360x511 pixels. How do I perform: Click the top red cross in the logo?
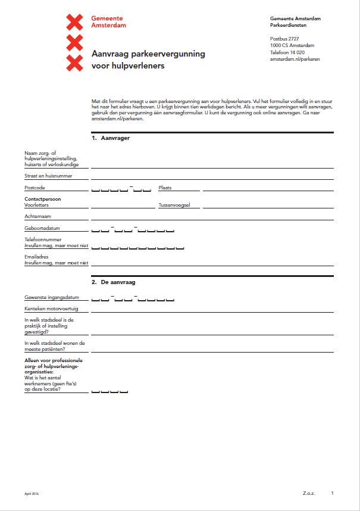tap(74, 23)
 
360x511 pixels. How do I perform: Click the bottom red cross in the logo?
tap(74, 63)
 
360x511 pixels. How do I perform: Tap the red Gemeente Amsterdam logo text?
tap(108, 23)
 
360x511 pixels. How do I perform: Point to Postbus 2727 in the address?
tap(285, 39)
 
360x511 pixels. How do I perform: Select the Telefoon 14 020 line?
tap(288, 52)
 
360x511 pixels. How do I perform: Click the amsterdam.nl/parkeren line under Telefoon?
tap(293, 59)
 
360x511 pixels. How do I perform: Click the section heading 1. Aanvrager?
tap(111, 138)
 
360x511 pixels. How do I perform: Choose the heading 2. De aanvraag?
tap(114, 282)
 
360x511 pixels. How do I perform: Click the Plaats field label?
tap(165, 188)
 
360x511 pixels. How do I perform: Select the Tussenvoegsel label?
tap(174, 205)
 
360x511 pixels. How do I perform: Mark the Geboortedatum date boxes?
tap(133, 229)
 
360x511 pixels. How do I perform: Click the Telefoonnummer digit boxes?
tap(137, 246)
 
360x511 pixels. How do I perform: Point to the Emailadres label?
tap(36, 257)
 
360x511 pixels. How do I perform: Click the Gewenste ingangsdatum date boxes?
tap(133, 298)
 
